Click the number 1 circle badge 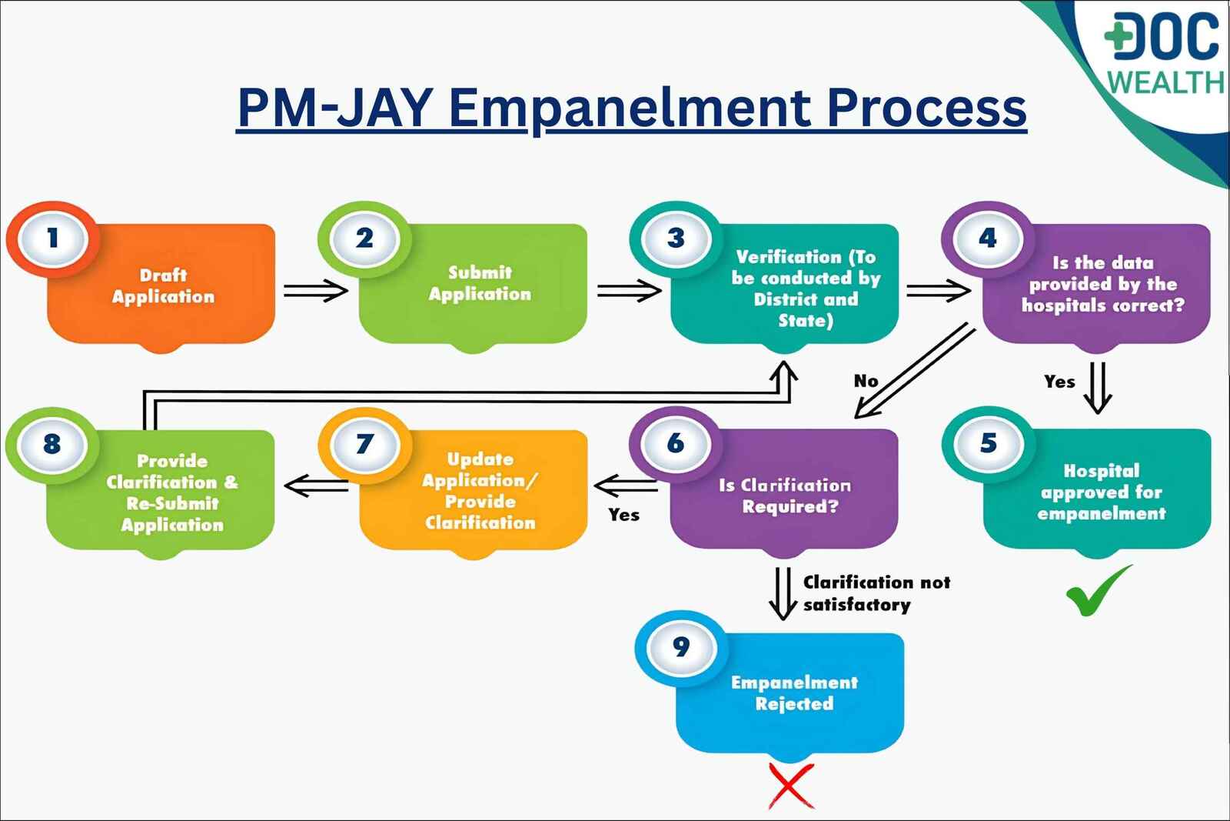[52, 239]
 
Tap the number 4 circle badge [988, 239]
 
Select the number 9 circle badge [681, 648]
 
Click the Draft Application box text [163, 286]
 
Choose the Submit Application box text [480, 283]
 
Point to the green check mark [1097, 591]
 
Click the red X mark [791, 786]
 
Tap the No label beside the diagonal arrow [866, 381]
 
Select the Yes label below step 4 [1059, 382]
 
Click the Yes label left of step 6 [623, 515]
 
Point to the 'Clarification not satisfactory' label [876, 593]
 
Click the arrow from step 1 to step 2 [315, 291]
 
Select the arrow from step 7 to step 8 [316, 486]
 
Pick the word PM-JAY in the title [335, 108]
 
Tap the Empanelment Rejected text [794, 693]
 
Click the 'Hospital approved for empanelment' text [1101, 492]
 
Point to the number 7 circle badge [364, 444]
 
